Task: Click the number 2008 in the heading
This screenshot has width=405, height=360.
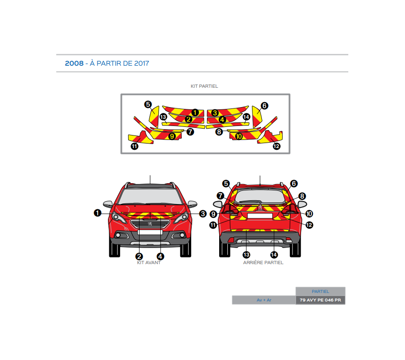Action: (x=74, y=63)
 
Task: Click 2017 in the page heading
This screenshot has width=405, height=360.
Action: (x=141, y=63)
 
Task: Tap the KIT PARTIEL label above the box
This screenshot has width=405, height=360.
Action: (x=204, y=86)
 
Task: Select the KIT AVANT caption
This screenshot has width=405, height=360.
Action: (x=148, y=263)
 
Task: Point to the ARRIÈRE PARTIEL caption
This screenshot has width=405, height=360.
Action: (x=263, y=263)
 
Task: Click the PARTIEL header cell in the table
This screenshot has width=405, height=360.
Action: (x=320, y=292)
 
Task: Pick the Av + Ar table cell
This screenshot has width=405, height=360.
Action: (x=264, y=300)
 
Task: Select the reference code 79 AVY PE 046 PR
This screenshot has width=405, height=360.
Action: (x=320, y=300)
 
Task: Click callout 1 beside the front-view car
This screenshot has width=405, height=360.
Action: (x=97, y=213)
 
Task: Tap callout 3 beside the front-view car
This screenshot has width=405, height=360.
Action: (x=203, y=213)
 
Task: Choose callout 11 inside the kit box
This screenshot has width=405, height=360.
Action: (x=135, y=146)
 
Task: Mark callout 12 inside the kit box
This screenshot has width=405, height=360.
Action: (x=276, y=146)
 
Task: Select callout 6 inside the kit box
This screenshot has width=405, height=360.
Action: (x=264, y=105)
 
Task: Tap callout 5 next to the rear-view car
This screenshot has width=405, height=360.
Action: (x=226, y=183)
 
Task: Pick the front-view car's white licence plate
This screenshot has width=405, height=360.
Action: (x=150, y=232)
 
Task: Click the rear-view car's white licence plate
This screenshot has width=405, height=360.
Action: (x=260, y=216)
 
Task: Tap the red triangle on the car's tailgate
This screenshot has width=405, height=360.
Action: (x=260, y=207)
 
